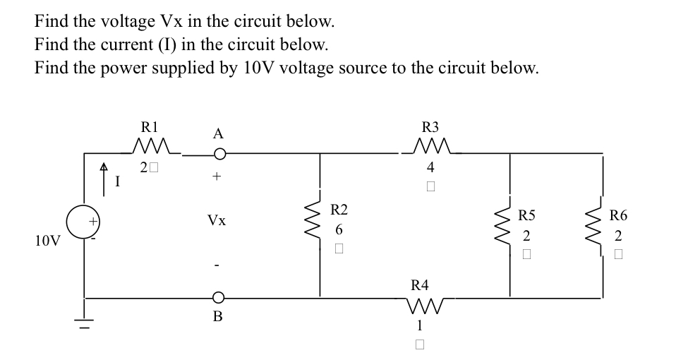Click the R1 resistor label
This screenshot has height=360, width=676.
(x=150, y=128)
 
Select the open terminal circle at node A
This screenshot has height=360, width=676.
(x=219, y=153)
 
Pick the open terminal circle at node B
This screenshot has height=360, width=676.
(x=219, y=297)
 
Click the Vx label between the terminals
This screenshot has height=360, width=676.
(x=217, y=221)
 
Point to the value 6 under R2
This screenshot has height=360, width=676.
(x=339, y=230)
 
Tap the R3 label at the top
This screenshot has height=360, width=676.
(x=430, y=128)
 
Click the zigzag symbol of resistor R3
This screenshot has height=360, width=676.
(x=430, y=148)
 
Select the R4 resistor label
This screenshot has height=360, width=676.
(x=420, y=285)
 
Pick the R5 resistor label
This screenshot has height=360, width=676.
(x=526, y=215)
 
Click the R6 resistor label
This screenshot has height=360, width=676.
(x=618, y=215)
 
